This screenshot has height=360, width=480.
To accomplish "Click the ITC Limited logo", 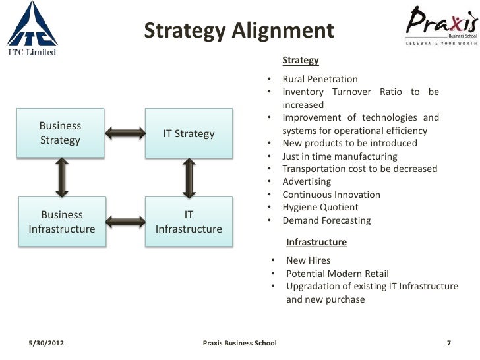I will tap(32, 28).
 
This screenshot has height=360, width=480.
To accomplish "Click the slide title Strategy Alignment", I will tap(239, 31).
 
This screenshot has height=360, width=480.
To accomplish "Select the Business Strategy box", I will tap(61, 133).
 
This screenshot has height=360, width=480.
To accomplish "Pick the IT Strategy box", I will tap(189, 134).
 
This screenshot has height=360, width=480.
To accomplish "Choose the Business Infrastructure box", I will tap(62, 222).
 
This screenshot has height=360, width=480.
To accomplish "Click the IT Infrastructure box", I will tap(189, 222).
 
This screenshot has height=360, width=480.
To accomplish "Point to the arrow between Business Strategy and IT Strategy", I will tap(125, 134).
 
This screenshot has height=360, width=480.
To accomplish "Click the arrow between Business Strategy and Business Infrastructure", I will tap(62, 177).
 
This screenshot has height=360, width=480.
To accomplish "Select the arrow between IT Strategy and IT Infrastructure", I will tap(189, 177).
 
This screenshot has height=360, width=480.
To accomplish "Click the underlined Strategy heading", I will tap(301, 61).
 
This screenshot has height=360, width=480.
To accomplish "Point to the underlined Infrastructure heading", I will tap(316, 242).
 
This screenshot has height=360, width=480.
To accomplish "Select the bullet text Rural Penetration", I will tap(320, 79).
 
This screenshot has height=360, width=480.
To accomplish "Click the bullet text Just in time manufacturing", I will tap(340, 156).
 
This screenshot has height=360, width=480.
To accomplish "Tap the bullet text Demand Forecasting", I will tap(326, 220).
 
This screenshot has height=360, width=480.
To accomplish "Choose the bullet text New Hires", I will tap(308, 260).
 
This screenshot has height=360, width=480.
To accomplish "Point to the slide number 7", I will tap(448, 343).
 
